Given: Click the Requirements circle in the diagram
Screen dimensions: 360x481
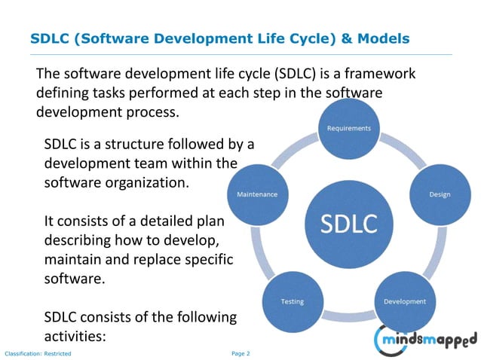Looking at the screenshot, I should pos(348,129).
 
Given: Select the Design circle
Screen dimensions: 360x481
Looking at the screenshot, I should pos(440,194).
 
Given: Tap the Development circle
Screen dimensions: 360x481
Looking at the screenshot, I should pos(405,301).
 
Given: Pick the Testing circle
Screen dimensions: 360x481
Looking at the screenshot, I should pos(293,301).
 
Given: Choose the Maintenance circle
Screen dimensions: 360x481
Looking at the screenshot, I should pos(257,194).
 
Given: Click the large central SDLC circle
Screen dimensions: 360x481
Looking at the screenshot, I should pos(348,223).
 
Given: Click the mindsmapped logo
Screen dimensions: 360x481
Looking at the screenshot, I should pos(427,338).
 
